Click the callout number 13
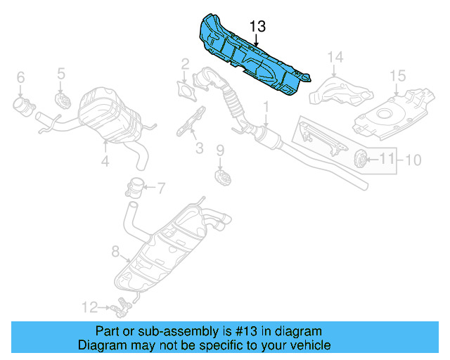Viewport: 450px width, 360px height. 257,27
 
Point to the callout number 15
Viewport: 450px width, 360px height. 398,75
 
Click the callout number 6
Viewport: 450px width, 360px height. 20,77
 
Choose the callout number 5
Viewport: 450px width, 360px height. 61,72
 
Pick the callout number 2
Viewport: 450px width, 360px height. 185,65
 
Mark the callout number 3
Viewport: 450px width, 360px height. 199,148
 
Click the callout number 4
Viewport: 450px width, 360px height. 105,161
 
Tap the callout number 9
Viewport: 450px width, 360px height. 219,150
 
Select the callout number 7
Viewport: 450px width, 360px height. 160,188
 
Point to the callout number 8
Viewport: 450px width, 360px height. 116,250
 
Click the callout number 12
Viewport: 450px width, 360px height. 89,307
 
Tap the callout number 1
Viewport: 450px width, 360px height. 266,107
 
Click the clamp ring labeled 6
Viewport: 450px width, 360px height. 23,107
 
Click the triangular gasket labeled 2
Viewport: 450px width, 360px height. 185,91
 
